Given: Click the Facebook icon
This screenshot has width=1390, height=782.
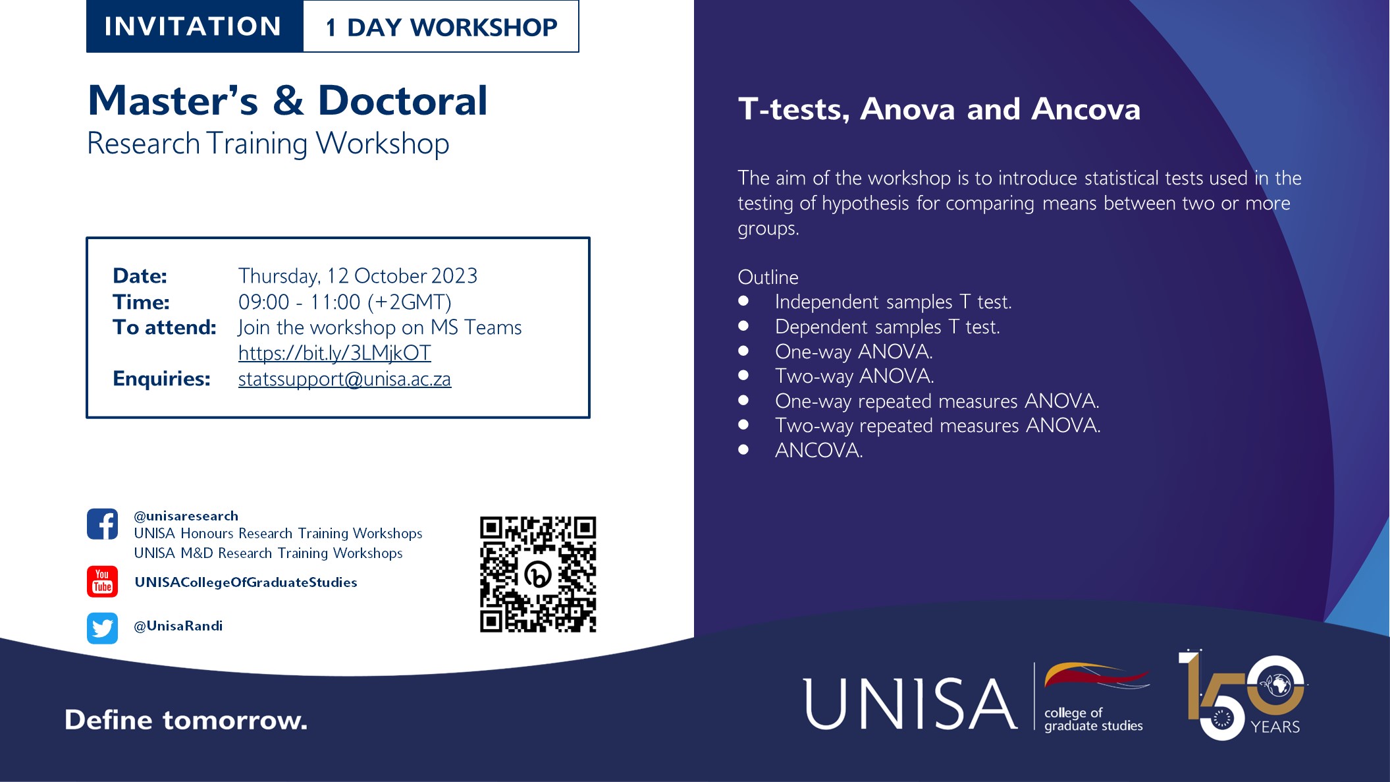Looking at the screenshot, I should point(102,524).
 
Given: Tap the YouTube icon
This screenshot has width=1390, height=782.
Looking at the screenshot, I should point(102,581).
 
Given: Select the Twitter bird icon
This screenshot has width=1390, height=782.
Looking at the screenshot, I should point(102,628).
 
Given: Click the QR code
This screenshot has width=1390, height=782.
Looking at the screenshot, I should point(538,574).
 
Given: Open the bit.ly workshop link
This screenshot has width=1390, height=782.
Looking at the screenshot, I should point(334,353).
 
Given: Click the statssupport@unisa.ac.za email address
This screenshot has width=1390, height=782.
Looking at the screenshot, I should point(344,379).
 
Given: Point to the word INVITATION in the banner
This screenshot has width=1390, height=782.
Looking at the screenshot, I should point(193,26).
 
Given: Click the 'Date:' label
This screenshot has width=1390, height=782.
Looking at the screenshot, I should point(140,275).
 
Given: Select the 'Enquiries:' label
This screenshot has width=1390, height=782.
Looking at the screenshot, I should point(161,379).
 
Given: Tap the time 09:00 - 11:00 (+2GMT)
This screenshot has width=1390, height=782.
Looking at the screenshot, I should point(344,302).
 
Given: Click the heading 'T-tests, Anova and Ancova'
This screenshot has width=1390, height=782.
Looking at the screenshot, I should point(939,109).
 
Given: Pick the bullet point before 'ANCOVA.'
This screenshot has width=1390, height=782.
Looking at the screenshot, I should point(743,449).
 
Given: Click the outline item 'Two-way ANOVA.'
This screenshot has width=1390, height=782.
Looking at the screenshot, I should point(854,376).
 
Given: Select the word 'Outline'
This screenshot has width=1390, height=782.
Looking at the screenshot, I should point(768,277).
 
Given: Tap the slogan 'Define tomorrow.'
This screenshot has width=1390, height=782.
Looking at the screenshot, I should point(186,720).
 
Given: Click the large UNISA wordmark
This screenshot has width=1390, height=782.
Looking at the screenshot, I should point(910,704).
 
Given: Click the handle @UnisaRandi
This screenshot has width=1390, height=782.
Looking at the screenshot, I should point(178,626).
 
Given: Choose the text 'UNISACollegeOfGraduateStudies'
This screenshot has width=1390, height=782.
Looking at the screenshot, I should point(246,582).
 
